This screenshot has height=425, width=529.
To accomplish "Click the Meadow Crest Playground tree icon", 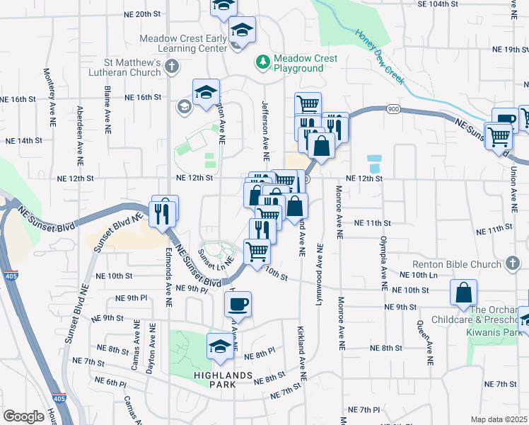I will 263,62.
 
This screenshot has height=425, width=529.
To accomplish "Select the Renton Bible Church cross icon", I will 515,264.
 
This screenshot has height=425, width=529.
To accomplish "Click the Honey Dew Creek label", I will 379,57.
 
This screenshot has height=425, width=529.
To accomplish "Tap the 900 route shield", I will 393,109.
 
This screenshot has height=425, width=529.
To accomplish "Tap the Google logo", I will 23,416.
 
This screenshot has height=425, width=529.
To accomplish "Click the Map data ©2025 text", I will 499,419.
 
